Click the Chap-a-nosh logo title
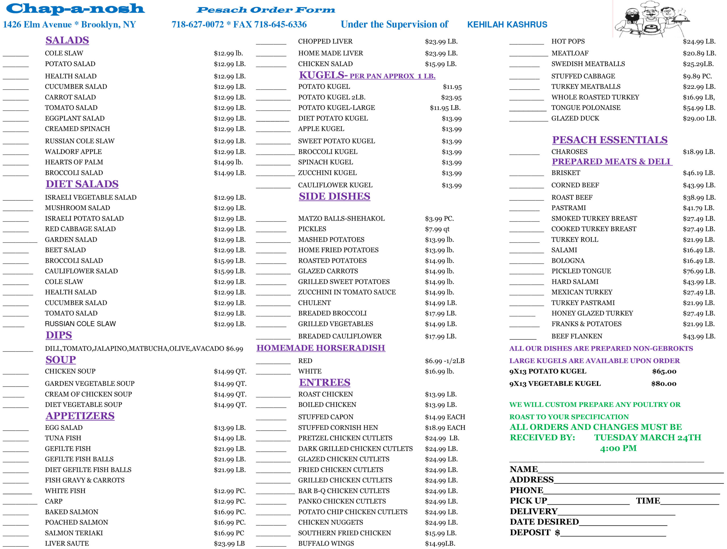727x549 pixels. pyautogui.click(x=75, y=9)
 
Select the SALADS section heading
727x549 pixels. pyautogui.click(x=67, y=40)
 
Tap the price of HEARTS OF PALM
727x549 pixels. pyautogui.click(x=228, y=162)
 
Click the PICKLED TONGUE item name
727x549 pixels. pyautogui.click(x=581, y=271)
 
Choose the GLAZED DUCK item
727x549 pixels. pyautogui.click(x=575, y=119)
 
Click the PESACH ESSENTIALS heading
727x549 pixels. pyautogui.click(x=609, y=140)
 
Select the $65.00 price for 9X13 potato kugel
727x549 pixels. pyautogui.click(x=664, y=371)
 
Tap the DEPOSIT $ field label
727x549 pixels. pyautogui.click(x=534, y=532)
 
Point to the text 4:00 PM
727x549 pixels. pyautogui.click(x=618, y=448)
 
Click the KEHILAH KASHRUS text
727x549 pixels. pyautogui.click(x=507, y=25)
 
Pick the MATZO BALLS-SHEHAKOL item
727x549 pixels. pyautogui.click(x=341, y=218)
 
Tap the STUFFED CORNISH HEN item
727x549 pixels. pyautogui.click(x=338, y=428)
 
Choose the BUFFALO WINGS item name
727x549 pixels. pyautogui.click(x=326, y=543)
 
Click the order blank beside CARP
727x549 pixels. pyautogui.click(x=20, y=503)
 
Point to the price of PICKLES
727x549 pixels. pyautogui.click(x=437, y=229)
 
